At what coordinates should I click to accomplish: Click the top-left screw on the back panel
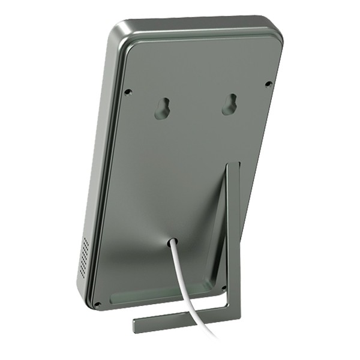pyautogui.click(x=127, y=92)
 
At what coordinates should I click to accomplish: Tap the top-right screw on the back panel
pyautogui.click(x=268, y=83)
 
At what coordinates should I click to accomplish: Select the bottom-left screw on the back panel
pyautogui.click(x=97, y=304)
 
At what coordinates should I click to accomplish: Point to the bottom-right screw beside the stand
pyautogui.click(x=224, y=287)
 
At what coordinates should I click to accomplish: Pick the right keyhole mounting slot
pyautogui.click(x=228, y=104)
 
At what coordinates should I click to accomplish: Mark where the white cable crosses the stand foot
pyautogui.click(x=193, y=318)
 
